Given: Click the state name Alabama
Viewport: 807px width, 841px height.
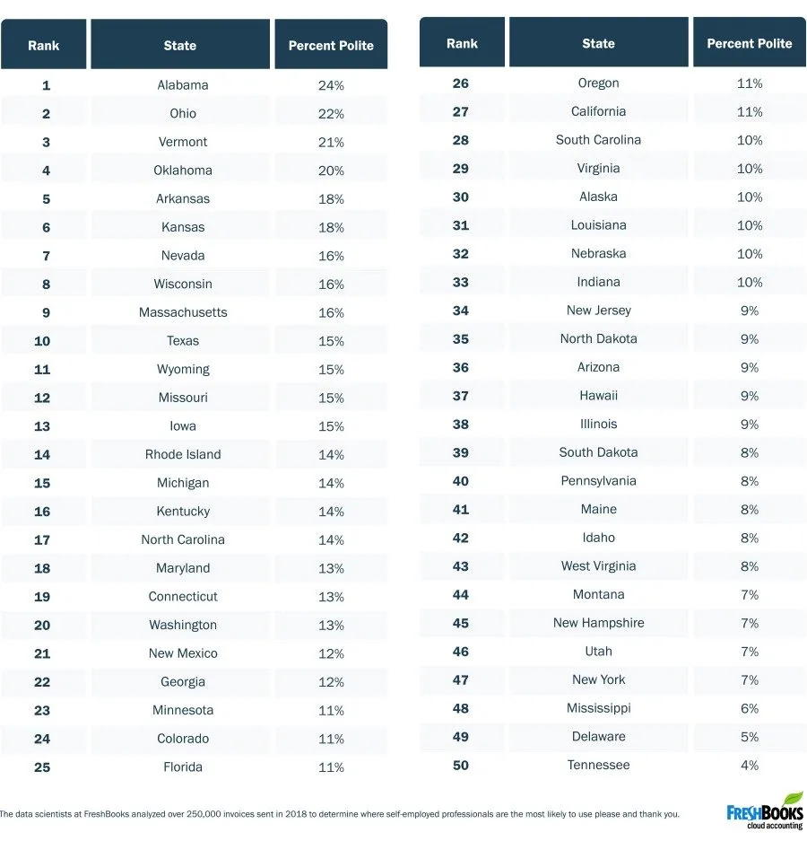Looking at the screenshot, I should [182, 85].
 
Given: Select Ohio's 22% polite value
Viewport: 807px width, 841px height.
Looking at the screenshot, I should [331, 114].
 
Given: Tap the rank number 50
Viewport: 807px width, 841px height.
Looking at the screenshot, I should [461, 766].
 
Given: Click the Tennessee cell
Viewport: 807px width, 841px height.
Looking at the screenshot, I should [598, 766].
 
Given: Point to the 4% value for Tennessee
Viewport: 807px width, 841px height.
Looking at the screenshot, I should [749, 766].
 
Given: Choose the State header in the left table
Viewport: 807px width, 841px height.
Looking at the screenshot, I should [180, 46].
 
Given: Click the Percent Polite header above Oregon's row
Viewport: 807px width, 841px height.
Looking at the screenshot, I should [749, 43].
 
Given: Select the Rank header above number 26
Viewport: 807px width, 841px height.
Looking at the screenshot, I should [462, 43].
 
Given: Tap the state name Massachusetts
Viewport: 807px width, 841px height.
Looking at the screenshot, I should [183, 312].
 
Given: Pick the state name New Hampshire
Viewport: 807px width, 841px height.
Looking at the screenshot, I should [598, 623].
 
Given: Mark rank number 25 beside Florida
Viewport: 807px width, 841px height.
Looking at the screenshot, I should [42, 767].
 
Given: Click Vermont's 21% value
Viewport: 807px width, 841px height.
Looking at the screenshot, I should [331, 142].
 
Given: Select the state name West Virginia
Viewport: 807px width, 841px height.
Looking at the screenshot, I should [598, 566].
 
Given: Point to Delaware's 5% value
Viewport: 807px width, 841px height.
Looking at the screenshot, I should [749, 737].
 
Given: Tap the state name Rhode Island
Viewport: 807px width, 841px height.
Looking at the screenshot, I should [183, 454].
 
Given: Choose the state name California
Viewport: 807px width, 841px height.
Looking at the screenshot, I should [598, 111].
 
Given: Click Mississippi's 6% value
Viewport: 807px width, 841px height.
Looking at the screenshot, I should [749, 708].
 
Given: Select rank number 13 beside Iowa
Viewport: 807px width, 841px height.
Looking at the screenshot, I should [42, 426].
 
